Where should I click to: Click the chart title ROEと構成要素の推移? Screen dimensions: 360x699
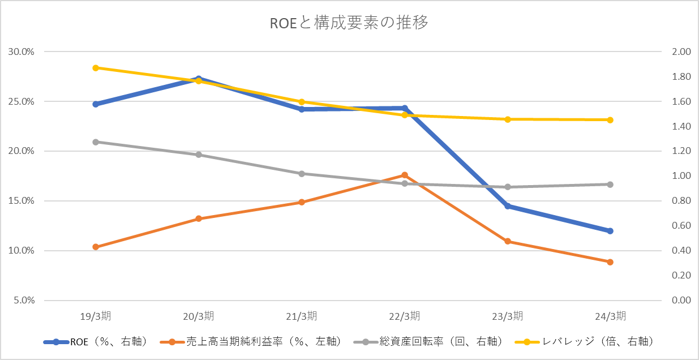[x=349, y=24]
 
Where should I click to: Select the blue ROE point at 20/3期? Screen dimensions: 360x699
[x=199, y=79]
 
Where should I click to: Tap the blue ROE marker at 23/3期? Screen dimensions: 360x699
[x=508, y=206]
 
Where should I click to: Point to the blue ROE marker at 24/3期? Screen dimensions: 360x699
[x=610, y=231]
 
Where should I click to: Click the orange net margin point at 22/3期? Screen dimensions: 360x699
[x=405, y=175]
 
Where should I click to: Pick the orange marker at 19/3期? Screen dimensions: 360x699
[x=96, y=247]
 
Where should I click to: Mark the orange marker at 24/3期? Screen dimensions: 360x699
[x=610, y=262]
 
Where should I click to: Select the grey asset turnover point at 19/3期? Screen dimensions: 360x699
[x=96, y=142]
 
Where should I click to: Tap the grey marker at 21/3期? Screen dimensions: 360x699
[x=302, y=174]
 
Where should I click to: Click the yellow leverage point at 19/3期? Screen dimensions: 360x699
[x=96, y=68]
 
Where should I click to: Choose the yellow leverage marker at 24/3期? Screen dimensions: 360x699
[x=610, y=120]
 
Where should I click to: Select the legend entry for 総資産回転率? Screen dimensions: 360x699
[x=428, y=341]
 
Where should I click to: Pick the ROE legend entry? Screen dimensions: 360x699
[x=96, y=341]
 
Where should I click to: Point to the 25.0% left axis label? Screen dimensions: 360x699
[x=22, y=102]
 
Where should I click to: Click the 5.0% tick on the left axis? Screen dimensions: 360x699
[x=23, y=301]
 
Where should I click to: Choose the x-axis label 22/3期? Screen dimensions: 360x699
[x=405, y=316]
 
